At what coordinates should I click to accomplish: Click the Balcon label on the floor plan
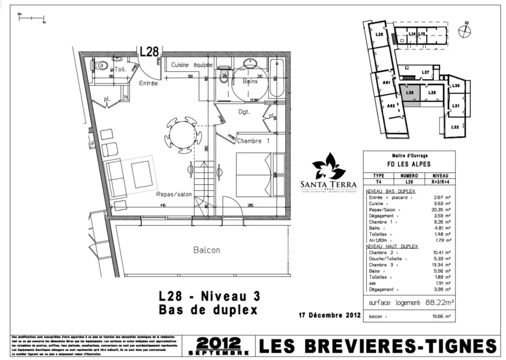pyautogui.click(x=207, y=250)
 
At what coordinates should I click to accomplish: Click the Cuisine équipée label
pyautogui.click(x=192, y=65)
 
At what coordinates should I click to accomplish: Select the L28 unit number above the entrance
pyautogui.click(x=149, y=51)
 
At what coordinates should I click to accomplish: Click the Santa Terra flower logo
pyautogui.click(x=329, y=167)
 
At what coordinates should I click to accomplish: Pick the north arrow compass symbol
pyautogui.click(x=464, y=31)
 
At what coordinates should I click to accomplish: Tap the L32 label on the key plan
pyautogui.click(x=455, y=127)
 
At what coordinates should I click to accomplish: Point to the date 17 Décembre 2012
pyautogui.click(x=330, y=315)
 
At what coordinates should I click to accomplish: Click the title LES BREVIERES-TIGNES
pyautogui.click(x=378, y=346)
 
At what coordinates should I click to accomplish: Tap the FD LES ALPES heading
pyautogui.click(x=409, y=164)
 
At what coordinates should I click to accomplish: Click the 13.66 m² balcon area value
pyautogui.click(x=441, y=317)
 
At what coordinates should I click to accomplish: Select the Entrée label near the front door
pyautogui.click(x=148, y=83)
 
